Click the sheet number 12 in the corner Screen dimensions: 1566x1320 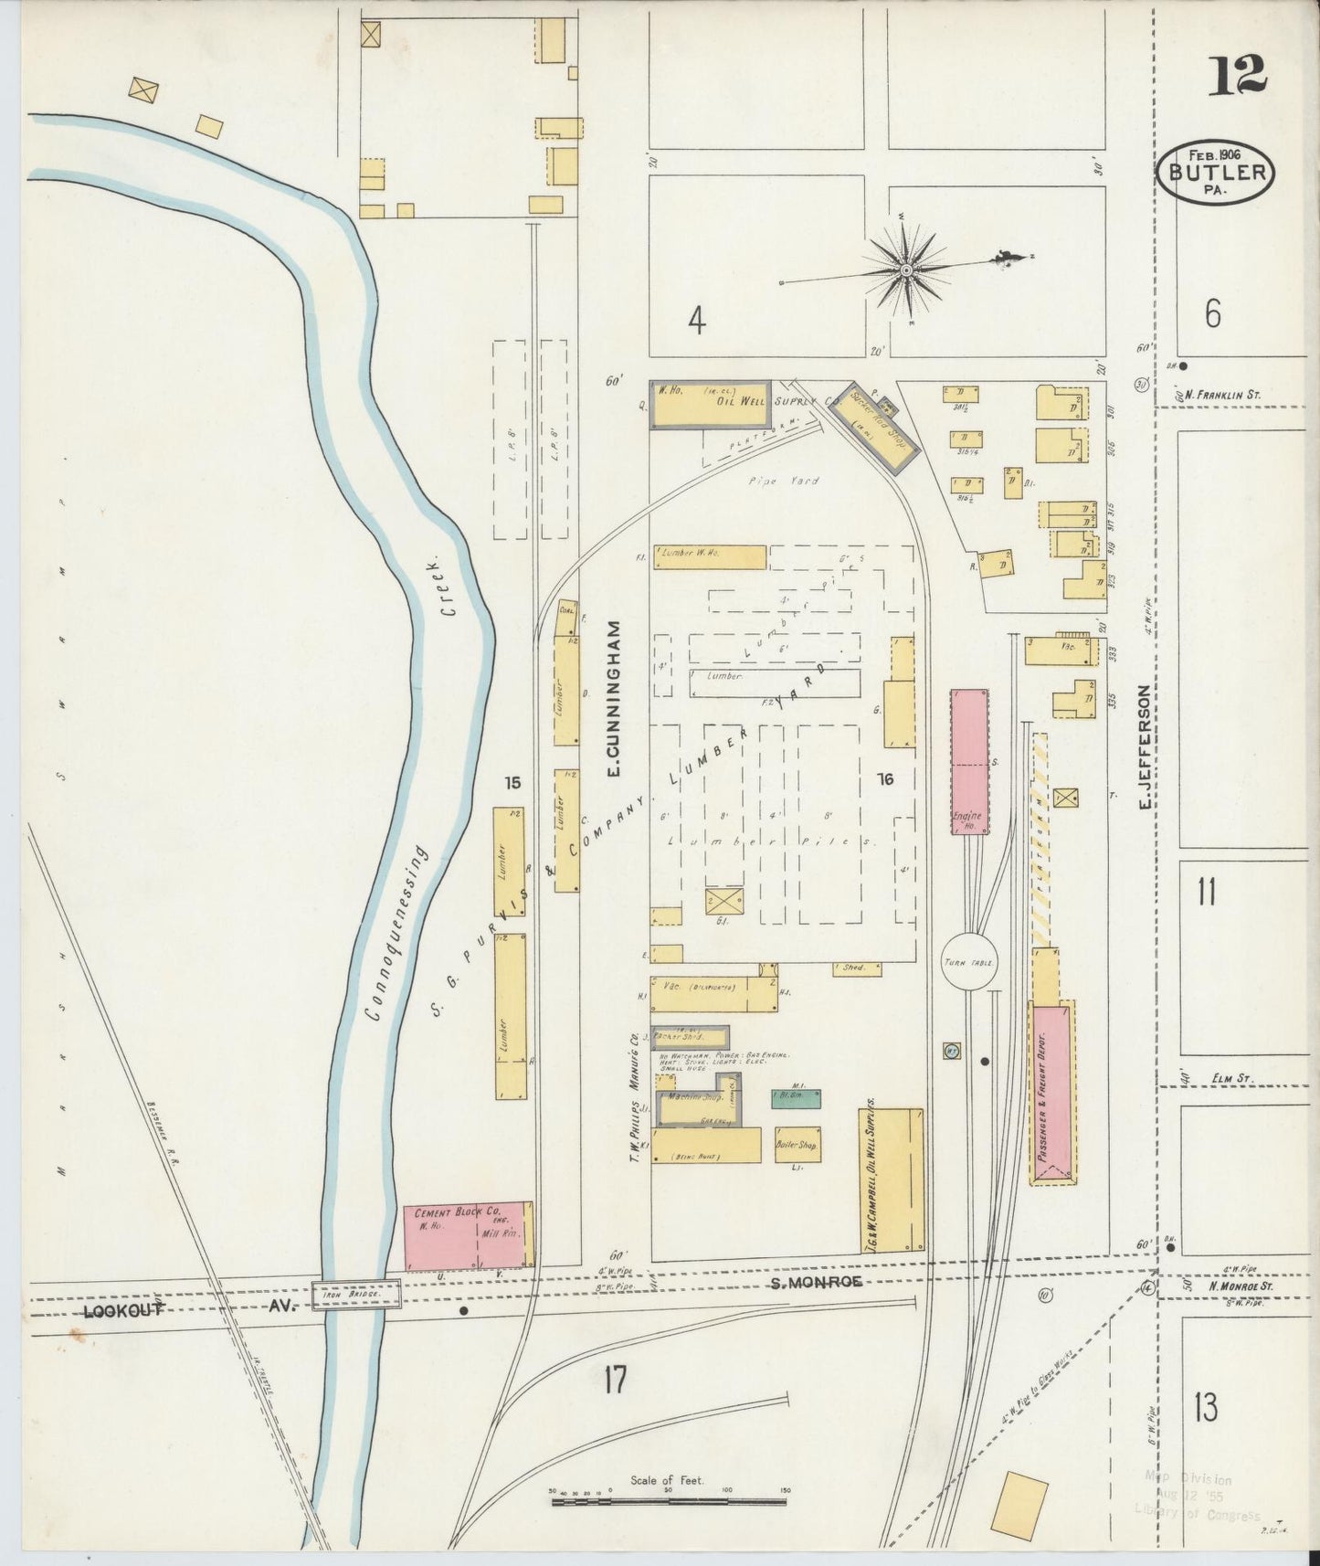[1238, 75]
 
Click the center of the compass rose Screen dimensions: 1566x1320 [905, 270]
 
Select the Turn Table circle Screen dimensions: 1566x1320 [969, 961]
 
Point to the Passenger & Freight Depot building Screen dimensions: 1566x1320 [1051, 1092]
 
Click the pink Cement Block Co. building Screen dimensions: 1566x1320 [468, 1235]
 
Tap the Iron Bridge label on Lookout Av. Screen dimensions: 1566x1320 [355, 1295]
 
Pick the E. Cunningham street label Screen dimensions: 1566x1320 [614, 699]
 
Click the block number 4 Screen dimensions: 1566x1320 [697, 321]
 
